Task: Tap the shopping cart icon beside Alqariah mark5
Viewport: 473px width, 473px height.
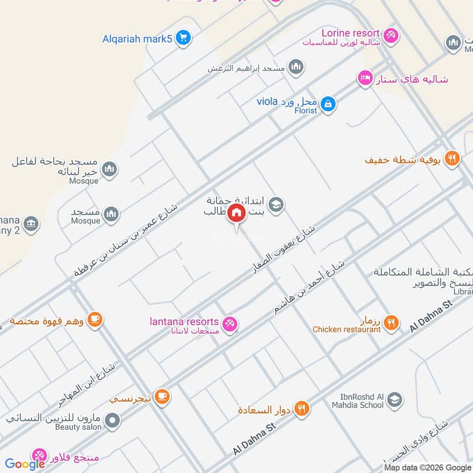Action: point(183,38)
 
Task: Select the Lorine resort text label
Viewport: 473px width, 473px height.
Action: point(350,33)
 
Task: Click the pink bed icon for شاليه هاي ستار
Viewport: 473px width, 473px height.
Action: point(365,78)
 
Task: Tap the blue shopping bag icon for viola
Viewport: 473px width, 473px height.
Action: point(328,105)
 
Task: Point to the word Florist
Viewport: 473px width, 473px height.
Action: point(306,111)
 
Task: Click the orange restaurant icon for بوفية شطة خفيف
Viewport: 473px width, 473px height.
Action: point(452,158)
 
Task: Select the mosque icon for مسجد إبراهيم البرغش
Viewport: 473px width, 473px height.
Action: point(296,67)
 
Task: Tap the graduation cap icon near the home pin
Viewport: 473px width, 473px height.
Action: point(276,205)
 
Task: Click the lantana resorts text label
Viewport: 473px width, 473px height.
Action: point(184,322)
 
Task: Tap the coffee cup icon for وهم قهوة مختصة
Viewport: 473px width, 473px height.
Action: point(94,320)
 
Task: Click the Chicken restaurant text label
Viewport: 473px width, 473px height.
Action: point(346,329)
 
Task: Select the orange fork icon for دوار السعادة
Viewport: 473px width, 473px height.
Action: point(302,409)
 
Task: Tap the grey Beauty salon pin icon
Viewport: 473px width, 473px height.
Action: point(112,422)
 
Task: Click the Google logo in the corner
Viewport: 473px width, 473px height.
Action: point(25,464)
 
